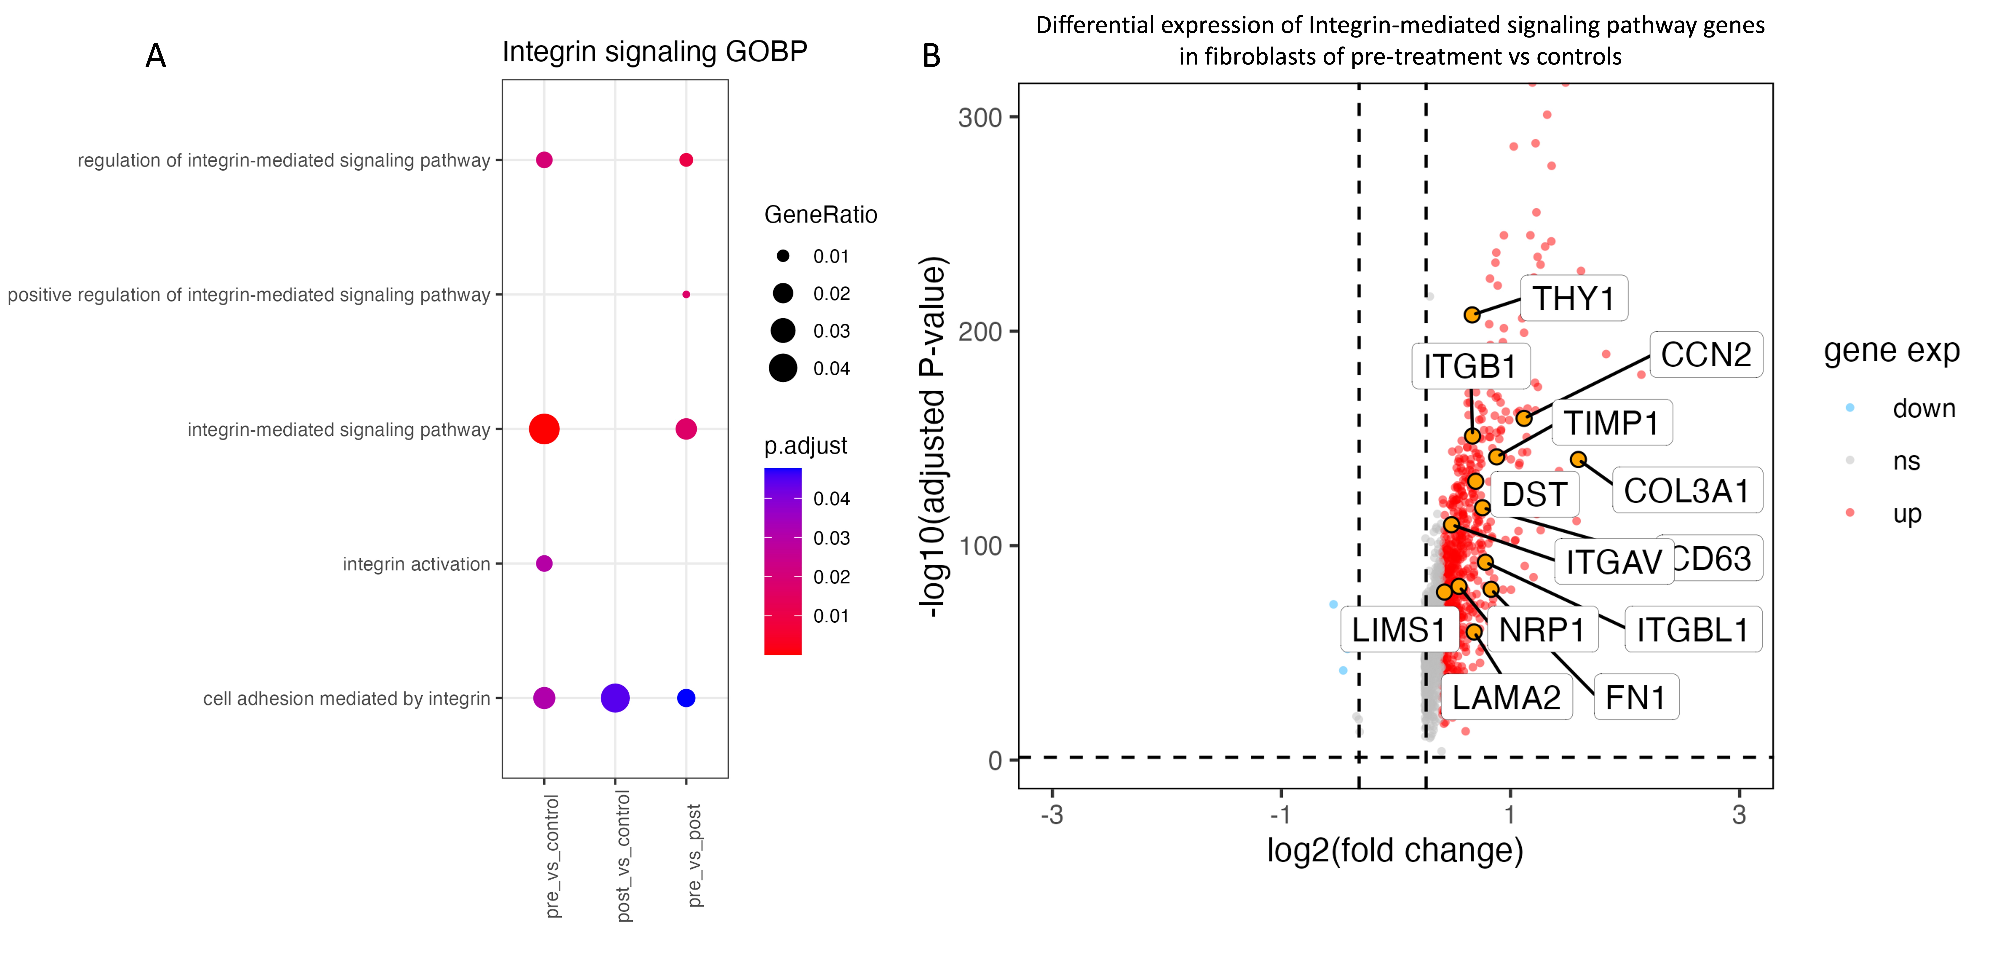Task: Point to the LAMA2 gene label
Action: coord(1505,697)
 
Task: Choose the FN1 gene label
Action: coord(1635,697)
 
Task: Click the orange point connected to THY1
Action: coord(1471,315)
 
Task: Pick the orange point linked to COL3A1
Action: coord(1578,459)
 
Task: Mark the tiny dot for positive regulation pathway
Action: coord(685,294)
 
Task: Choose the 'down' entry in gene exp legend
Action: coord(1923,408)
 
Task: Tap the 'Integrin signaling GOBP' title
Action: coord(654,52)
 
